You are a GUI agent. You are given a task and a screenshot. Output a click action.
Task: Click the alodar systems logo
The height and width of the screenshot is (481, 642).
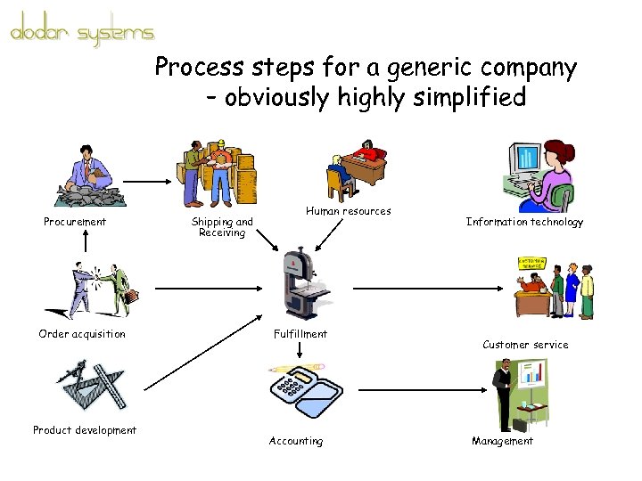point(82,34)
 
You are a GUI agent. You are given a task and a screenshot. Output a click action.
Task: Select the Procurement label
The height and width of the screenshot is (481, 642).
point(75,222)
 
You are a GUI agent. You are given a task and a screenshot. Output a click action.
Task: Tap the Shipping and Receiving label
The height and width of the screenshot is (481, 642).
point(222,227)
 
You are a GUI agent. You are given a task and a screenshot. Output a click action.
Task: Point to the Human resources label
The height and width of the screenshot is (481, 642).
point(348,211)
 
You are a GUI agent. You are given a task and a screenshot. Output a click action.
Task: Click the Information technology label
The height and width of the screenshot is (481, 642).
point(524,222)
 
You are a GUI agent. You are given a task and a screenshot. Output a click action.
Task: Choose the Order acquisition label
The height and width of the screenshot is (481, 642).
point(82,334)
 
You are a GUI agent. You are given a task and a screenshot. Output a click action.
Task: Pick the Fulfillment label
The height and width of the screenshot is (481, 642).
point(300,334)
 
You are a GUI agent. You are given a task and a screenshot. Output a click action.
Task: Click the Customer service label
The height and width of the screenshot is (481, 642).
point(525,345)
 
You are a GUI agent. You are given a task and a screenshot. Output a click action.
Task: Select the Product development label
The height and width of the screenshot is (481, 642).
point(85,430)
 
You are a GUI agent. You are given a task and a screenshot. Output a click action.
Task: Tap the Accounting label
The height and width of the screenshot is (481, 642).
point(296,441)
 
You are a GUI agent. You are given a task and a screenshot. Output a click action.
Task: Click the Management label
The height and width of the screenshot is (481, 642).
point(502,441)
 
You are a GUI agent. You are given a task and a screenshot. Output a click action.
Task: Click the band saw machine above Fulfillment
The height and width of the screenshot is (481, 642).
point(300,285)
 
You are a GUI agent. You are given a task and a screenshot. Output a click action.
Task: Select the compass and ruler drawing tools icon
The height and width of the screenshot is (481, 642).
point(91,385)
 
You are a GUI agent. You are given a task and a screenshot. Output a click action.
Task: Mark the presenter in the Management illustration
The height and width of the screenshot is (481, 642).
point(504,392)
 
